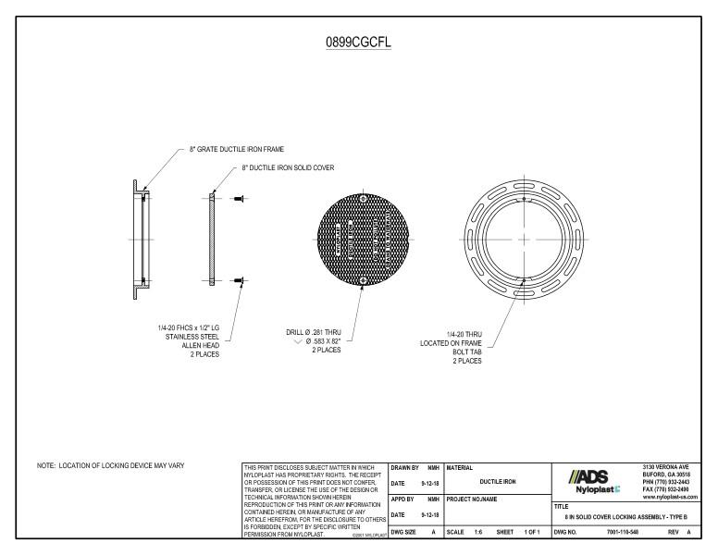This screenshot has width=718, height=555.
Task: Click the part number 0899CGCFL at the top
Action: tap(358, 43)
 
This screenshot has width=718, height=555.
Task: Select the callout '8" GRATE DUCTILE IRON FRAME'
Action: tap(237, 148)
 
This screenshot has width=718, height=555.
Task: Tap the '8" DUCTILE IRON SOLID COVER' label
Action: tap(288, 167)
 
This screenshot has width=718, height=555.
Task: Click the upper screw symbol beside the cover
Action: tap(238, 196)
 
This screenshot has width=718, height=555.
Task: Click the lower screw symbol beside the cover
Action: tap(238, 279)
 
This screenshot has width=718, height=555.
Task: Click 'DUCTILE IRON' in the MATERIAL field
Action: tap(496, 482)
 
